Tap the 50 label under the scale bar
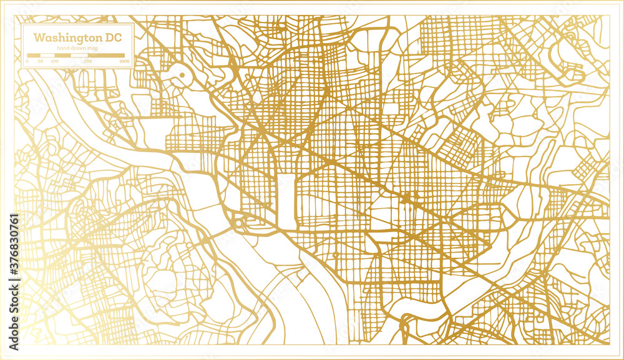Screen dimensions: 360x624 40,62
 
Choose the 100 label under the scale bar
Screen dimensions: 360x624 54,62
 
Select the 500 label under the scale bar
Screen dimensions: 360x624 88,62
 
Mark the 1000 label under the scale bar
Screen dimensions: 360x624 124,62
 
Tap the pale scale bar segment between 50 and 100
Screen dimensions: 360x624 47,56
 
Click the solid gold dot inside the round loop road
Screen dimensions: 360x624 182,75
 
